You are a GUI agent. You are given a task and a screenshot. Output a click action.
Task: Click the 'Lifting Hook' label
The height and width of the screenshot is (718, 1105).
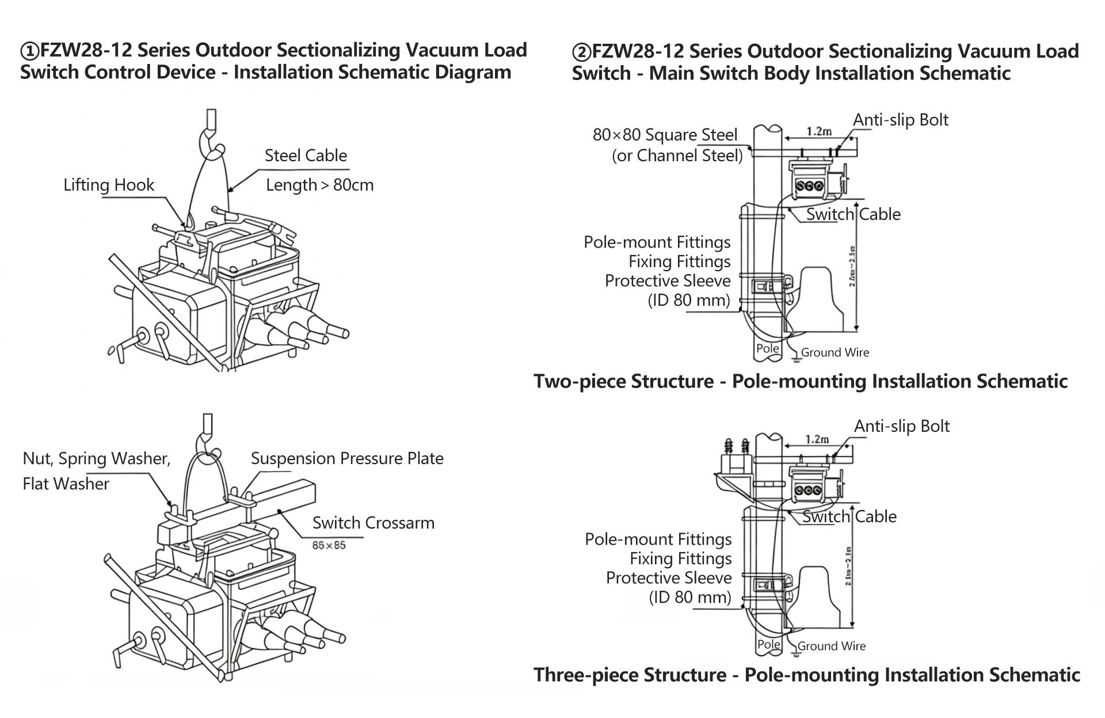tap(109, 185)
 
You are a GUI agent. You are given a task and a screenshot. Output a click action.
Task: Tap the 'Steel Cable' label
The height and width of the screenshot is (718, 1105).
tap(306, 155)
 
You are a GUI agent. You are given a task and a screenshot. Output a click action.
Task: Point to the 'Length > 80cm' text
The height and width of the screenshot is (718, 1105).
tap(319, 185)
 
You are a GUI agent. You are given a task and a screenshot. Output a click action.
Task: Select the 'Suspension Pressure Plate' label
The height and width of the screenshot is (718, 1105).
tap(347, 458)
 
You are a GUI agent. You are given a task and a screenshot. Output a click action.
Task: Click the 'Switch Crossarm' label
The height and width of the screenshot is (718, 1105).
tap(373, 523)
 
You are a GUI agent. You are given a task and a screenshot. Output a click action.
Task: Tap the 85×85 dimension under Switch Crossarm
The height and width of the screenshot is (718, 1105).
tap(329, 545)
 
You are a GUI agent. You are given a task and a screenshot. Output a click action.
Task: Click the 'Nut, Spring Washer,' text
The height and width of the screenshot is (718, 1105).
tap(97, 458)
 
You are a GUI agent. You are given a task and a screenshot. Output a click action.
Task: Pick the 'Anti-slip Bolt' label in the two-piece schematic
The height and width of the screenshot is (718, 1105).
tap(900, 120)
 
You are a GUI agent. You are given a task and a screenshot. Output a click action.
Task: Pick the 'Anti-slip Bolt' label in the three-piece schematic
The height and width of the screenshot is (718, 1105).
tap(901, 426)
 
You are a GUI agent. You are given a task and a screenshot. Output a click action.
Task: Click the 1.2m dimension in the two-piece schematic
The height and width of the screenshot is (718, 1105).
tap(818, 131)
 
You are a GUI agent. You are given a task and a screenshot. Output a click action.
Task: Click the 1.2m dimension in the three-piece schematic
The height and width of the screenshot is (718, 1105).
tap(816, 439)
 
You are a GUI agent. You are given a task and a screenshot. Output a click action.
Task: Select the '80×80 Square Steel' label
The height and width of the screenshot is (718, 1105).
tap(665, 135)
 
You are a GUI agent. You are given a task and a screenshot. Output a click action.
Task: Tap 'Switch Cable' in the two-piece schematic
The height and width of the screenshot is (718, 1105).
tap(853, 214)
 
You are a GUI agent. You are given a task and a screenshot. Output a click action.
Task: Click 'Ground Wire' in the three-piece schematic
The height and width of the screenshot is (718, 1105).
tap(831, 646)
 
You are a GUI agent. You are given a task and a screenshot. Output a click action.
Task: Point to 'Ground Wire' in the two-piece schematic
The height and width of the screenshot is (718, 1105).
tap(835, 352)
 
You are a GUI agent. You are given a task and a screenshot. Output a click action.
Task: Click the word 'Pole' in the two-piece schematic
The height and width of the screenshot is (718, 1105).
tap(767, 348)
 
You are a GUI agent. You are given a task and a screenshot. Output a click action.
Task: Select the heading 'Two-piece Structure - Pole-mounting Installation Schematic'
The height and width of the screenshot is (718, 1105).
tap(801, 381)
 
